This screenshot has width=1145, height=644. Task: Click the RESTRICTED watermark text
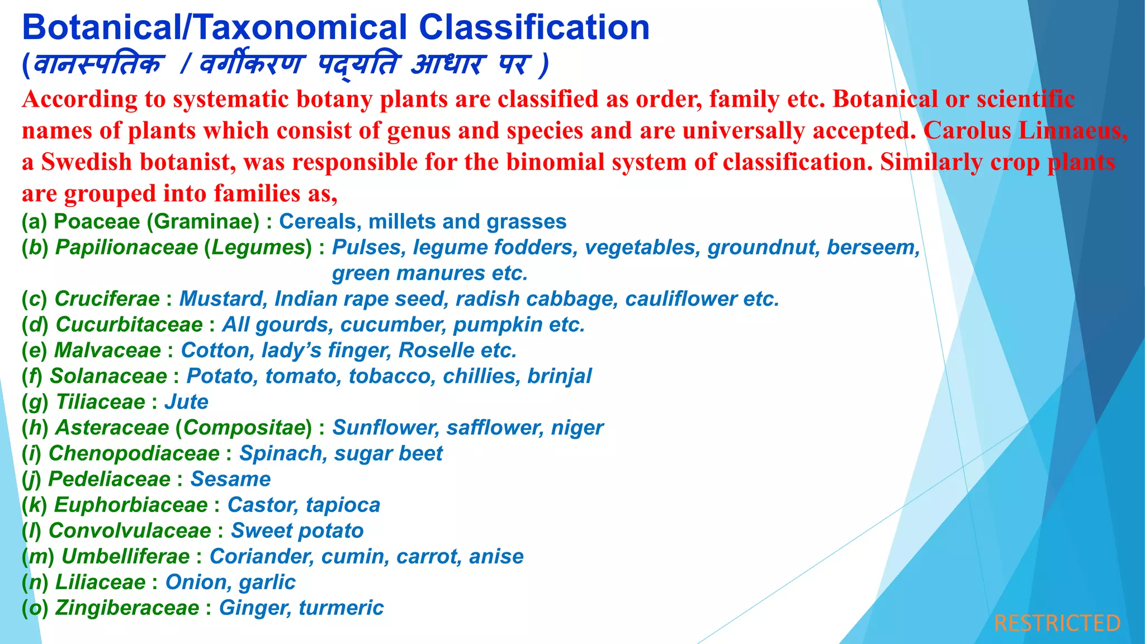[1057, 623]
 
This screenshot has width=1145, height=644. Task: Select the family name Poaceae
[97, 222]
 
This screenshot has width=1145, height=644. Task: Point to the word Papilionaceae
[126, 248]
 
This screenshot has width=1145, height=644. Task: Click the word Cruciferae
[107, 299]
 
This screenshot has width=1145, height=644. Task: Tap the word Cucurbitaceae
[129, 325]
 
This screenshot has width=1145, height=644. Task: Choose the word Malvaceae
[107, 351]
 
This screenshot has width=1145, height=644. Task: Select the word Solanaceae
[108, 376]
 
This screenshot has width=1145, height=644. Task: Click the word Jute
[186, 402]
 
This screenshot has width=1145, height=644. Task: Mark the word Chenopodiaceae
[134, 453]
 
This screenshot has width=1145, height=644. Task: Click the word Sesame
[230, 479]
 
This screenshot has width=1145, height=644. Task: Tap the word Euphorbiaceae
[131, 505]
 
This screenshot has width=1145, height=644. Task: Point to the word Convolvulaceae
[130, 531]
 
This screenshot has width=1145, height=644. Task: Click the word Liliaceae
[100, 582]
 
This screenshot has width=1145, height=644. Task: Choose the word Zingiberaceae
[127, 608]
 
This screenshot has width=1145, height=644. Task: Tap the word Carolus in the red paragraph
[967, 131]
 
